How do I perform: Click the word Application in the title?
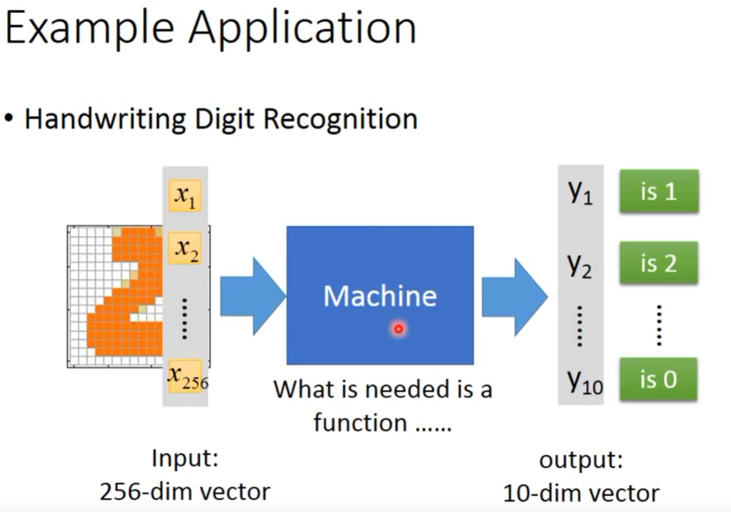[302, 29]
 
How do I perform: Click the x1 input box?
[185, 196]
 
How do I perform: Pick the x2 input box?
[185, 248]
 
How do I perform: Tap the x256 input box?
[186, 376]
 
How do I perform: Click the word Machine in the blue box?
[380, 296]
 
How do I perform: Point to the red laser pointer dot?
[398, 329]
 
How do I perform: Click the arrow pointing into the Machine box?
[253, 296]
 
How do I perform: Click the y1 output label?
[580, 192]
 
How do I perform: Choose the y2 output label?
[580, 265]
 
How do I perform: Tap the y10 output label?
[585, 382]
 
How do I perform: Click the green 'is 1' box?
[659, 191]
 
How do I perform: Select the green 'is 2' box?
[659, 263]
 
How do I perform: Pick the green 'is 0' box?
[659, 379]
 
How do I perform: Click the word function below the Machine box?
[360, 423]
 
